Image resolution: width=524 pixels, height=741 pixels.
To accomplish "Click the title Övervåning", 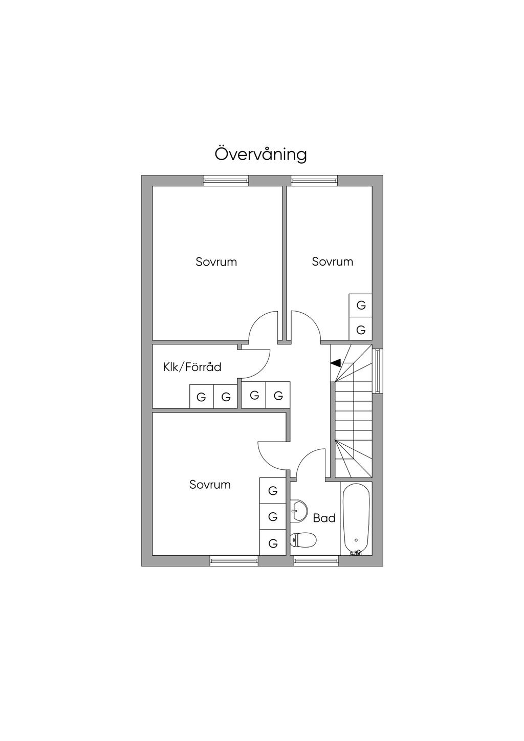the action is (x=260, y=154).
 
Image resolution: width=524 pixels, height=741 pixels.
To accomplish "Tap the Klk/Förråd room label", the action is (x=192, y=367).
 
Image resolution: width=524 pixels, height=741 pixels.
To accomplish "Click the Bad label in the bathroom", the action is (x=324, y=518).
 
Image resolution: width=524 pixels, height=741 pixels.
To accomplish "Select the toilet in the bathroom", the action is (x=304, y=539).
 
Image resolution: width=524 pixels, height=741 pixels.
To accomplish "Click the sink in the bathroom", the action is (x=298, y=510).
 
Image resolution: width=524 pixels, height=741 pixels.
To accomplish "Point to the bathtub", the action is (x=356, y=518).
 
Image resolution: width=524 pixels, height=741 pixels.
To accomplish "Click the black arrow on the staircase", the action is (x=336, y=363).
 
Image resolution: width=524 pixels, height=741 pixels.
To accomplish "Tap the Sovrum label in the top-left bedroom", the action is (x=216, y=262).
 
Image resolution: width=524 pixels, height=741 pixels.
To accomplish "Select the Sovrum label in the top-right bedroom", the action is (x=333, y=261).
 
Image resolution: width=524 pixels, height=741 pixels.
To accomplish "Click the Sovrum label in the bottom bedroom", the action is (x=210, y=484).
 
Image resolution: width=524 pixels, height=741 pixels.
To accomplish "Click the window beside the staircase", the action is (x=378, y=371).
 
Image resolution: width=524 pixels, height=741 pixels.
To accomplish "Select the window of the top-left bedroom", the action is (x=226, y=180).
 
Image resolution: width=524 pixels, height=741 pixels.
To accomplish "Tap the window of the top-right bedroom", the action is (x=314, y=180).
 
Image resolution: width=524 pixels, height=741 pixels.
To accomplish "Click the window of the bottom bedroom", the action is (x=234, y=561).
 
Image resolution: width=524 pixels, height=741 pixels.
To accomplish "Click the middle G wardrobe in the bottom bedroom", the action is (x=273, y=517).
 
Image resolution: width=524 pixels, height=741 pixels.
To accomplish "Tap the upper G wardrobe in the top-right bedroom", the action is (x=361, y=306).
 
